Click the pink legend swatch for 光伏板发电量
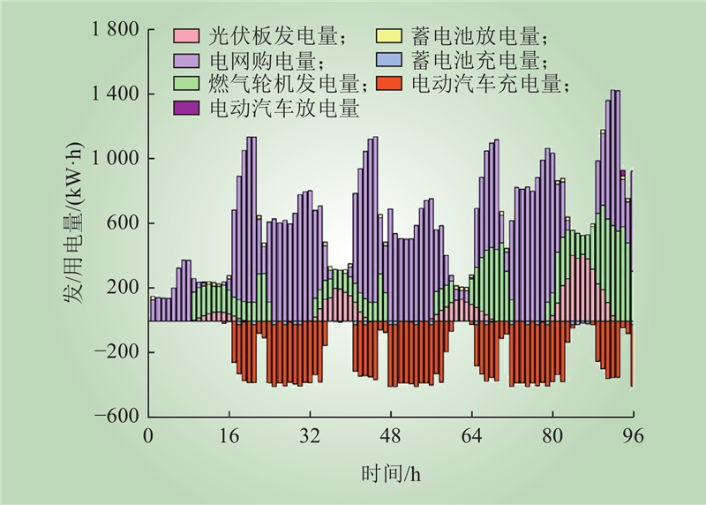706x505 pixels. [x=187, y=37]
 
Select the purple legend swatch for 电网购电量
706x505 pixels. [x=187, y=61]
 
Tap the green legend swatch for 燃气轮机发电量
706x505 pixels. [x=187, y=85]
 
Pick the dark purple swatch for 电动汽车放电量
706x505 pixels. [x=187, y=109]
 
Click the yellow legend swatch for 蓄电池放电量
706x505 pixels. [x=388, y=37]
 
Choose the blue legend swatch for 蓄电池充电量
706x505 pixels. [x=388, y=61]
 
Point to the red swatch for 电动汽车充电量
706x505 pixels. [x=388, y=85]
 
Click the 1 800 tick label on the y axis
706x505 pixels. [x=115, y=30]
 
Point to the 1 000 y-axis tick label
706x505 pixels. [x=115, y=159]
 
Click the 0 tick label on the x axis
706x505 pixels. [x=148, y=435]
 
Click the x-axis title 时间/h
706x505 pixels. [x=390, y=474]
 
